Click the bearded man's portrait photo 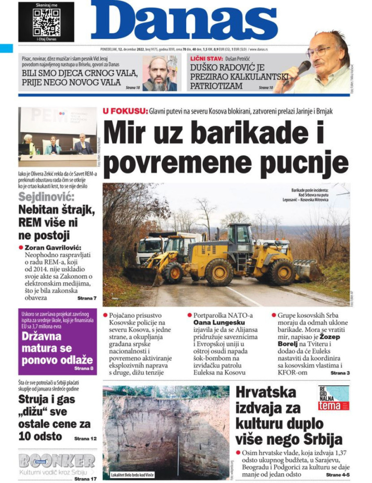point(159,74)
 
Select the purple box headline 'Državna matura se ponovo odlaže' point(57,349)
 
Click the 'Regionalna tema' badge point(334,398)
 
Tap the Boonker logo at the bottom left point(57,462)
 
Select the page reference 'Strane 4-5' point(337,475)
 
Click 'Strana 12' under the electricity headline point(85,438)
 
